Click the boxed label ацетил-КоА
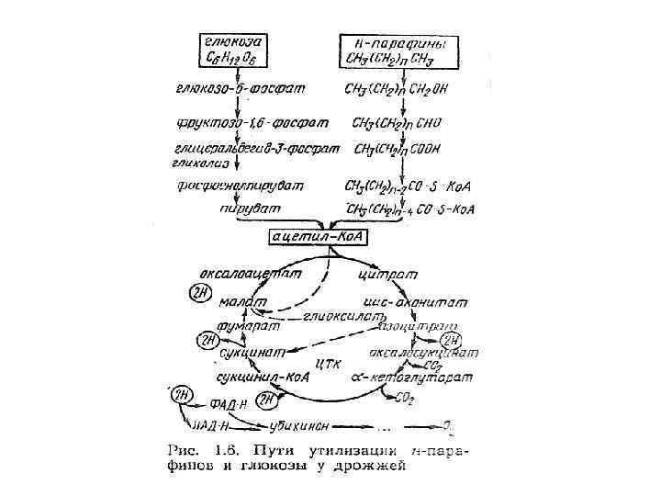pos(318,237)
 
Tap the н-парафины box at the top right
pos(396,51)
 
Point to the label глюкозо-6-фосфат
pos(240,89)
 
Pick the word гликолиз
pos(198,160)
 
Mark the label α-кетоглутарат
pos(411,378)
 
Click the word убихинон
pos(302,427)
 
